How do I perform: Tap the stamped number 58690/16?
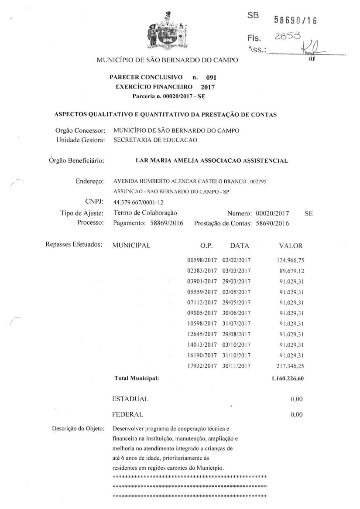point(295,20)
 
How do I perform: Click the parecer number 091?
point(211,78)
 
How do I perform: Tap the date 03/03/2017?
point(237,270)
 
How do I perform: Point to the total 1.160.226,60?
point(288,378)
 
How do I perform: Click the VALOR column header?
point(290,246)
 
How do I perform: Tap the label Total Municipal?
point(136,378)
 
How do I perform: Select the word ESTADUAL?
point(130,399)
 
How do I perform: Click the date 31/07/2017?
point(237,324)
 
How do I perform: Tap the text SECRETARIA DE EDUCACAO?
point(155,140)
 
